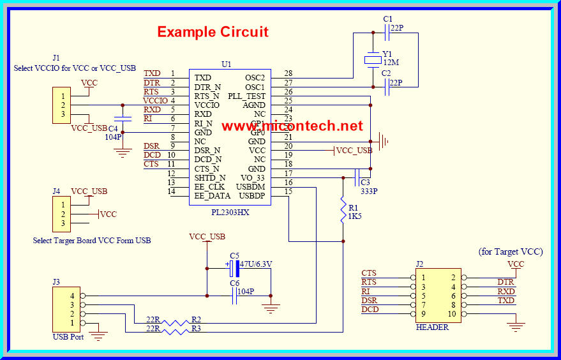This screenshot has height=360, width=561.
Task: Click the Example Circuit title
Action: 213,32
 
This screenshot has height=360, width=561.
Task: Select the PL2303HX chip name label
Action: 230,212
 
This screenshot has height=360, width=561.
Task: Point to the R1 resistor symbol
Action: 343,208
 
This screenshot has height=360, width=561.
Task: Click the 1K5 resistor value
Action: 355,216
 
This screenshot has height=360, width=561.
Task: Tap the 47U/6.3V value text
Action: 256,264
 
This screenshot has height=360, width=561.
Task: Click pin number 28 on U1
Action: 288,74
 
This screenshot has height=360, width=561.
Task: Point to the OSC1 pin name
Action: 255,87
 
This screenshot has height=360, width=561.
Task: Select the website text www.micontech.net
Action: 292,126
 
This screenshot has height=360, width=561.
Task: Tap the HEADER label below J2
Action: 432,327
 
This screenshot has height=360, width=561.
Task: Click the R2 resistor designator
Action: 196,319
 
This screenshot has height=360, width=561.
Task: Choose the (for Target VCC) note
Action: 511,251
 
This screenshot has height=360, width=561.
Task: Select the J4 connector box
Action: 61,214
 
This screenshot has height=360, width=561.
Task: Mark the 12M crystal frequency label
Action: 391,63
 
